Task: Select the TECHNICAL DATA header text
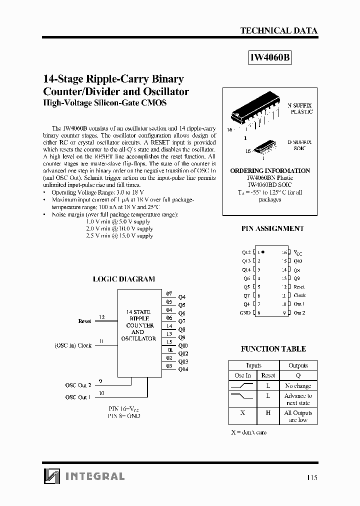click(x=278, y=30)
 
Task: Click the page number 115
click(x=311, y=477)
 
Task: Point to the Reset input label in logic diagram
click(x=84, y=321)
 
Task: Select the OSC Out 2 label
click(x=78, y=385)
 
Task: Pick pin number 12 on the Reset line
click(x=102, y=317)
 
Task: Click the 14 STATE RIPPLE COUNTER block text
click(x=138, y=325)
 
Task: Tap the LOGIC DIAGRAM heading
click(x=123, y=279)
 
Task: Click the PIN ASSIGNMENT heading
click(x=272, y=228)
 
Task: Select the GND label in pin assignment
click(x=245, y=313)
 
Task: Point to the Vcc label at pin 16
click(x=298, y=252)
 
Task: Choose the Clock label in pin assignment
click(x=299, y=295)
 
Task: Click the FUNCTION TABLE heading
click(x=273, y=348)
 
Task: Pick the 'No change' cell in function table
click(x=298, y=386)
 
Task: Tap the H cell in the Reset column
click(x=268, y=413)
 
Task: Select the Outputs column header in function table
click(x=298, y=365)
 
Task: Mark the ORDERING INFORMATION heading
click(x=270, y=170)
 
